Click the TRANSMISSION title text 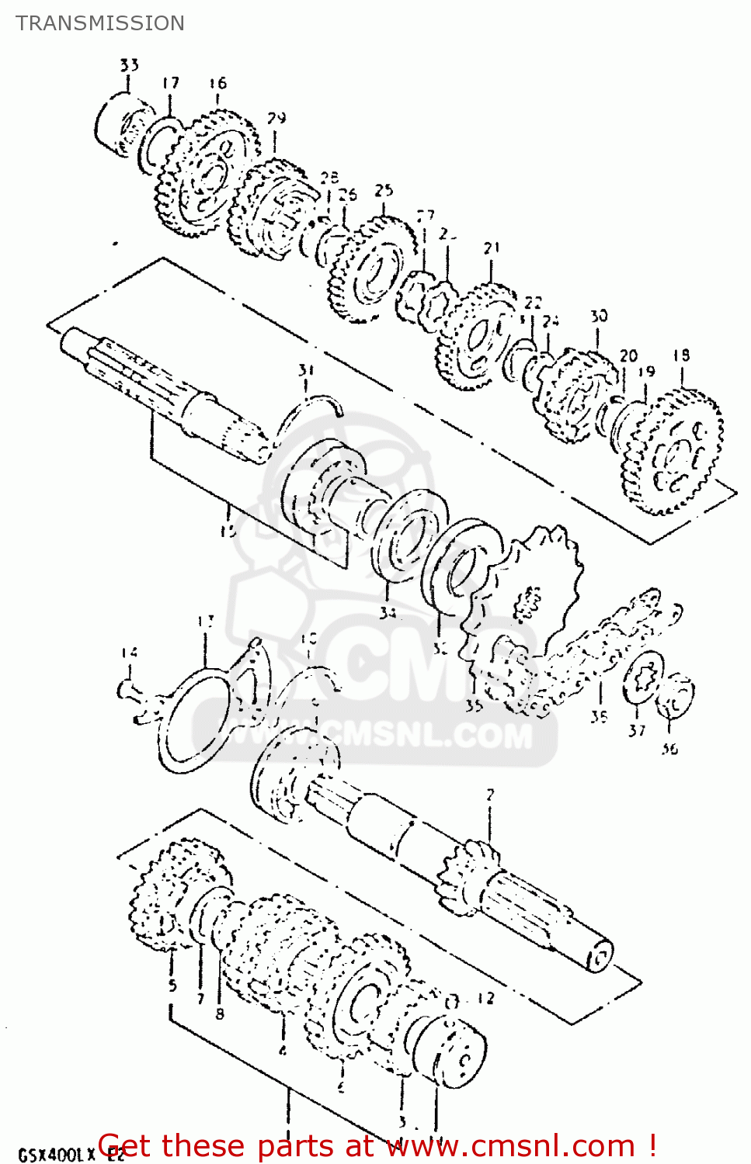click(100, 23)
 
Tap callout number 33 click(129, 65)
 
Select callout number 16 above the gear click(217, 83)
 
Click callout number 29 click(276, 118)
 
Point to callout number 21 click(492, 248)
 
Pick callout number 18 click(681, 355)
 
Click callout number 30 click(598, 316)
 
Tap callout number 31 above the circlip click(306, 370)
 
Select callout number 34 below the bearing click(388, 613)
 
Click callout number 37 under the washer click(637, 730)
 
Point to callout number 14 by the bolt click(129, 653)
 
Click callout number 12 click(485, 998)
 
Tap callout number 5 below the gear click(172, 986)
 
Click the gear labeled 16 click(206, 175)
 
